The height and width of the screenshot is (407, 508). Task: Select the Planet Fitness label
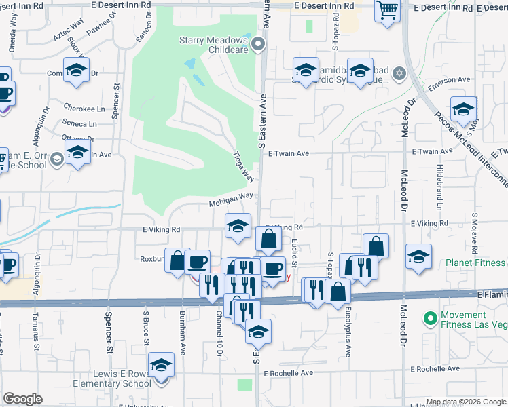[474, 263]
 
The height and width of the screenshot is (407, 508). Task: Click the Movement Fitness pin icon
[429, 317]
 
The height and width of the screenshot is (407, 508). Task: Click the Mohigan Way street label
[231, 196]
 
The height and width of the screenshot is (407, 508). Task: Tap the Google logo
[23, 399]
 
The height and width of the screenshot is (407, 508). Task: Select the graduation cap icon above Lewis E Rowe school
[161, 366]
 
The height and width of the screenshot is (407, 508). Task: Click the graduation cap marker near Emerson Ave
[463, 110]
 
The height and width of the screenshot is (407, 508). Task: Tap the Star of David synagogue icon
[399, 73]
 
